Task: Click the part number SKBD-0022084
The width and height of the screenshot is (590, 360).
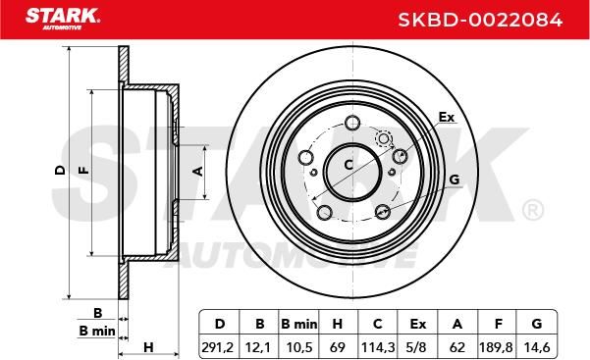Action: coord(480,20)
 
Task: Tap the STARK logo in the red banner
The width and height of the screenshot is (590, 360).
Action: coord(63,19)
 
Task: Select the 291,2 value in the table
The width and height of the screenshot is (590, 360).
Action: coord(218,347)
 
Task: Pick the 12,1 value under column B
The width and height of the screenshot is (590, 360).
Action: coord(258,347)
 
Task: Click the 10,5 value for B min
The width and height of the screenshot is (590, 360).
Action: coord(299,347)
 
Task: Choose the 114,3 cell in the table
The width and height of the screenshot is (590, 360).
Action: coord(378,347)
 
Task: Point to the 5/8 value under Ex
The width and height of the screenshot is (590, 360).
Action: coord(416,347)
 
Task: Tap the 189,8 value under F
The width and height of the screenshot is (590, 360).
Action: coord(496,347)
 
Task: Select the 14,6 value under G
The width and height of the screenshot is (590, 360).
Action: coord(537,347)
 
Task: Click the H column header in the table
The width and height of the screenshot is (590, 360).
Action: coord(337,324)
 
